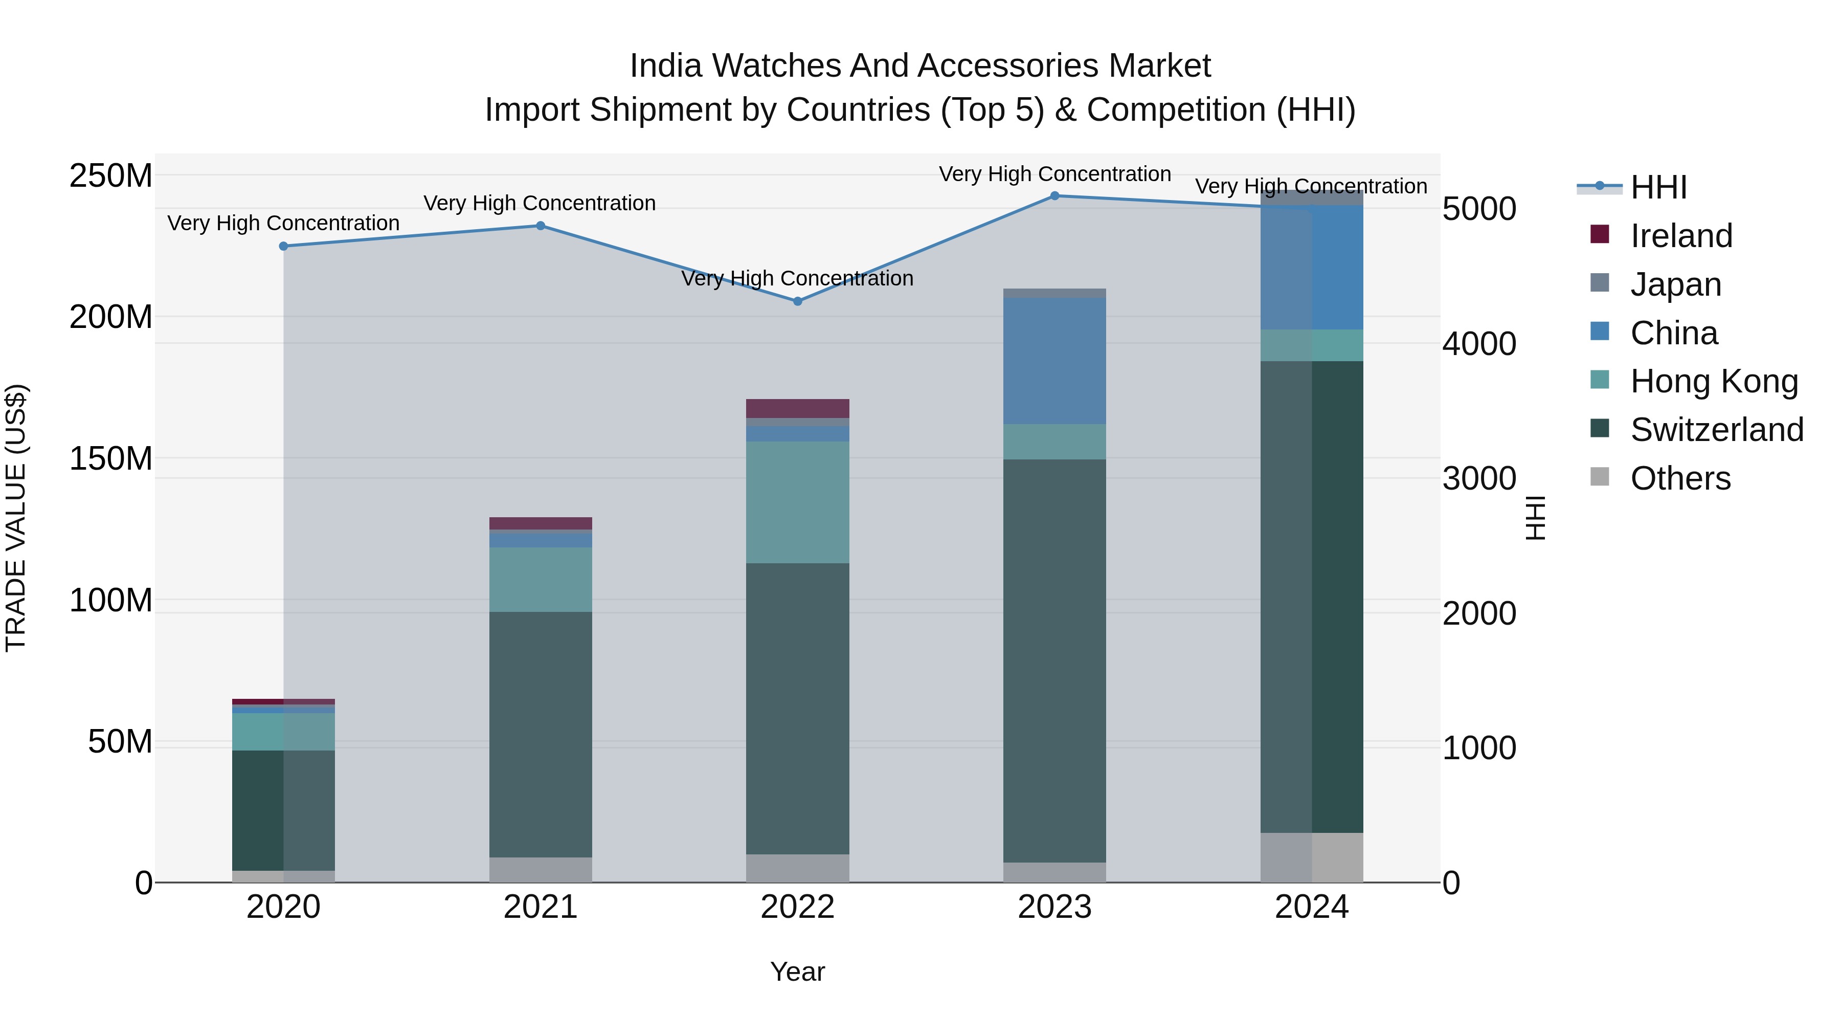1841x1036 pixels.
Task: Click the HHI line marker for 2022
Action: pyautogui.click(x=798, y=301)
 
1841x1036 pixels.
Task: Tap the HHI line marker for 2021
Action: pyautogui.click(x=541, y=226)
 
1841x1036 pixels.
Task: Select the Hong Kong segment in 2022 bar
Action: pyautogui.click(x=798, y=502)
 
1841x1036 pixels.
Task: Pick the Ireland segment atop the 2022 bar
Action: pyautogui.click(x=798, y=408)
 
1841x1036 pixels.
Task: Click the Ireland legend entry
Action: pyautogui.click(x=1681, y=236)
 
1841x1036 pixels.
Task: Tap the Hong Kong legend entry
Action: pyautogui.click(x=1713, y=381)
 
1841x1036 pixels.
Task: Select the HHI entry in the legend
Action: pyautogui.click(x=1658, y=187)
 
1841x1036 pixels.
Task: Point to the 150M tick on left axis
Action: pyautogui.click(x=111, y=458)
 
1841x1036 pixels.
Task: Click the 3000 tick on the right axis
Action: pyautogui.click(x=1478, y=478)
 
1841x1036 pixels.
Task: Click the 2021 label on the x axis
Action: pyautogui.click(x=541, y=907)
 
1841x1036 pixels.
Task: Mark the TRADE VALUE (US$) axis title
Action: pyautogui.click(x=16, y=518)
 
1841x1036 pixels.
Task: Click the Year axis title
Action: pyautogui.click(x=798, y=972)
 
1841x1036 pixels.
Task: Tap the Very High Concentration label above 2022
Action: pyautogui.click(x=798, y=278)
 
